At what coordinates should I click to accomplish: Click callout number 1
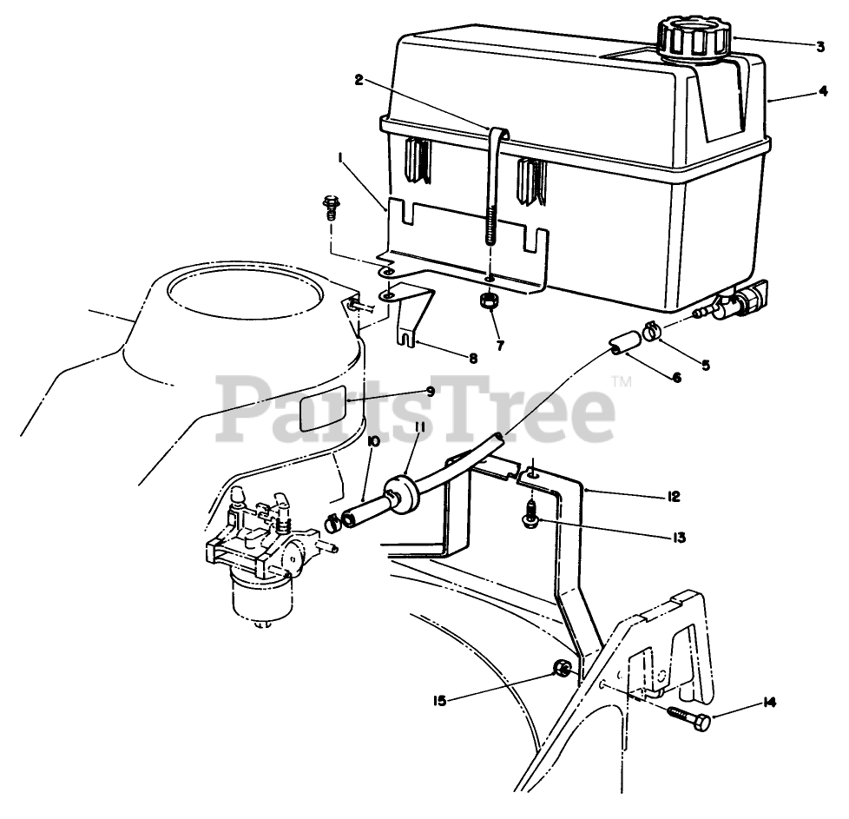pyautogui.click(x=342, y=158)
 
